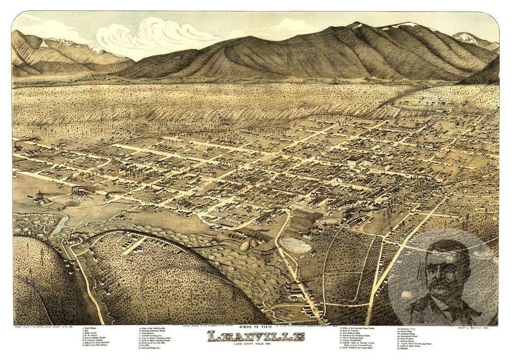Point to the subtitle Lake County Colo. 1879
256,346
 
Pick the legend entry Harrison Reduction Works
157,332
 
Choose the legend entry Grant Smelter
153,335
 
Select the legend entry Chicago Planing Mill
356,344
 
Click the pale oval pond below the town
296,245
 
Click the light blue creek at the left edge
61,224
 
